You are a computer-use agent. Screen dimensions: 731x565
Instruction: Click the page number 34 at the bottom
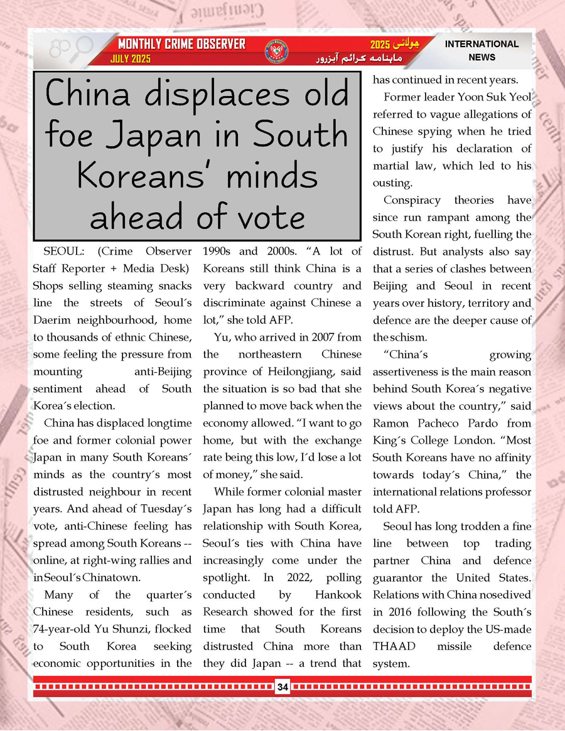282,687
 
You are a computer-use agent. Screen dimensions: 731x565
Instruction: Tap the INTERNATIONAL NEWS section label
482,50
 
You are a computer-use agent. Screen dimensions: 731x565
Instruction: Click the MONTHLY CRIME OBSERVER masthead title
182,45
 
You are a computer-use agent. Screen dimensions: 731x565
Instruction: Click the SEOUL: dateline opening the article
62,252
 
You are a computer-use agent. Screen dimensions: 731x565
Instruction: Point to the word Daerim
52,320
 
